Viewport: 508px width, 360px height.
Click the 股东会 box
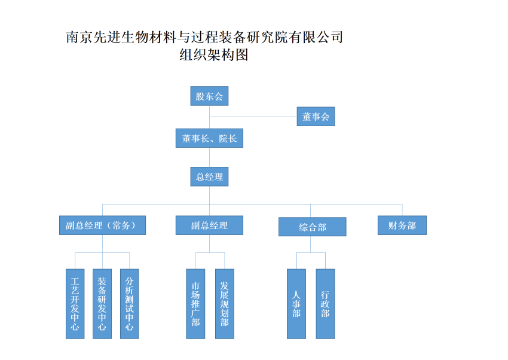(209, 96)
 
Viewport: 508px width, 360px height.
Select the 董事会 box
(316, 117)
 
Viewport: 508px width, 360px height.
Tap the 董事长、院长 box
(209, 138)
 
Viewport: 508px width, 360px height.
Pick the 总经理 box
(209, 176)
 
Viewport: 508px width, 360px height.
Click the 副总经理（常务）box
(102, 225)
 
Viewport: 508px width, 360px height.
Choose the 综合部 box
(312, 227)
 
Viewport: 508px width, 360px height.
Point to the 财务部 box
(402, 225)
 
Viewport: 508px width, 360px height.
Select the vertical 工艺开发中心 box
(75, 304)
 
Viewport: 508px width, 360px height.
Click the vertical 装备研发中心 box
(102, 304)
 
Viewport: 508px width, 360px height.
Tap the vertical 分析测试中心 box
(129, 304)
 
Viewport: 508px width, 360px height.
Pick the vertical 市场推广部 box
(195, 304)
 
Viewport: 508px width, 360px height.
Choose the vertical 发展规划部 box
(224, 304)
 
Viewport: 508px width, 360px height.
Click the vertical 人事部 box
(296, 304)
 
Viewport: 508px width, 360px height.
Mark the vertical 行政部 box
(325, 304)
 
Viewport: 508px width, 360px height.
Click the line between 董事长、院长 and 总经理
(209, 157)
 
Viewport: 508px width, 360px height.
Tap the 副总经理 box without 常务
(209, 225)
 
